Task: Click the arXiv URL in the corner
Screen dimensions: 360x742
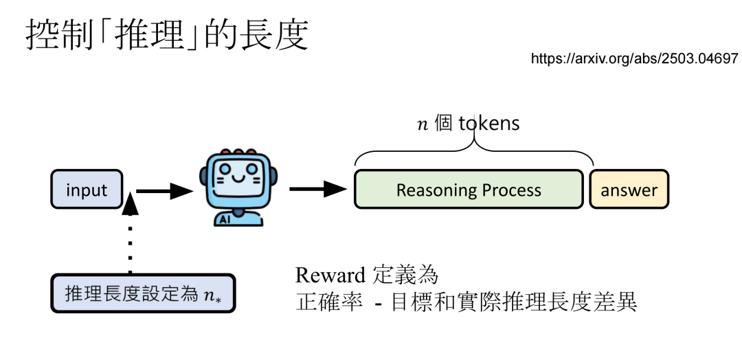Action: click(x=634, y=58)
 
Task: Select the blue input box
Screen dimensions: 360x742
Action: click(x=87, y=190)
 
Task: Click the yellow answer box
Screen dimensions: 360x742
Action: click(x=629, y=190)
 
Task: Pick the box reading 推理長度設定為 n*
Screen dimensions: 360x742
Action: click(x=143, y=294)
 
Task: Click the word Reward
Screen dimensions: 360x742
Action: click(x=330, y=275)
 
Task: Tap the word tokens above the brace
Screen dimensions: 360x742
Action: click(x=489, y=124)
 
